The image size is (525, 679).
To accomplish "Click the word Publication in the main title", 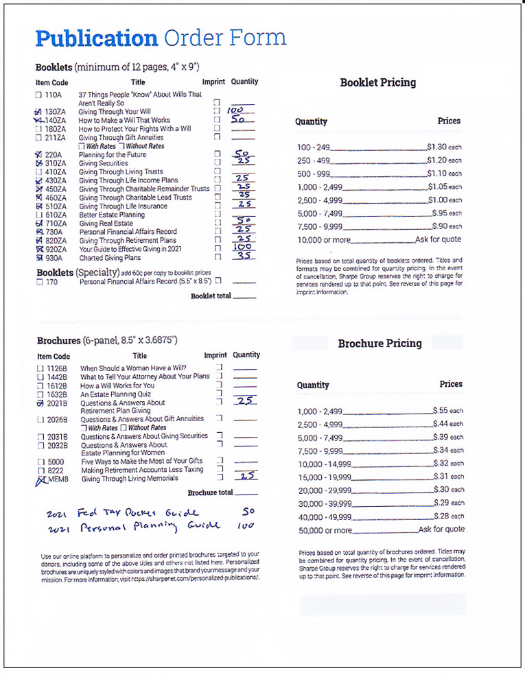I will pyautogui.click(x=97, y=38).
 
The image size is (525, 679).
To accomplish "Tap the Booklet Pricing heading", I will pyautogui.click(x=377, y=83).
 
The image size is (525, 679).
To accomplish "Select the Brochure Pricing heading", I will pyautogui.click(x=380, y=343).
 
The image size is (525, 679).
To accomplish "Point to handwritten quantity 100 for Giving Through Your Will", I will pyautogui.click(x=236, y=110).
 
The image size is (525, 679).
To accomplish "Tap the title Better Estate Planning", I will pyautogui.click(x=111, y=215).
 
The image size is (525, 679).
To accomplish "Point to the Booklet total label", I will pyautogui.click(x=211, y=296).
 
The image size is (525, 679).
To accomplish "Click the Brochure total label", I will pyautogui.click(x=210, y=492).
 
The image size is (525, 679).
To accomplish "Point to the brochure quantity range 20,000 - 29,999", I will pyautogui.click(x=325, y=490).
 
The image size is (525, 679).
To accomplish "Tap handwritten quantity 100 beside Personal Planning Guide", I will pyautogui.click(x=247, y=526).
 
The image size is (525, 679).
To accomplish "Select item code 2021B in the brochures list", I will pyautogui.click(x=57, y=403).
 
